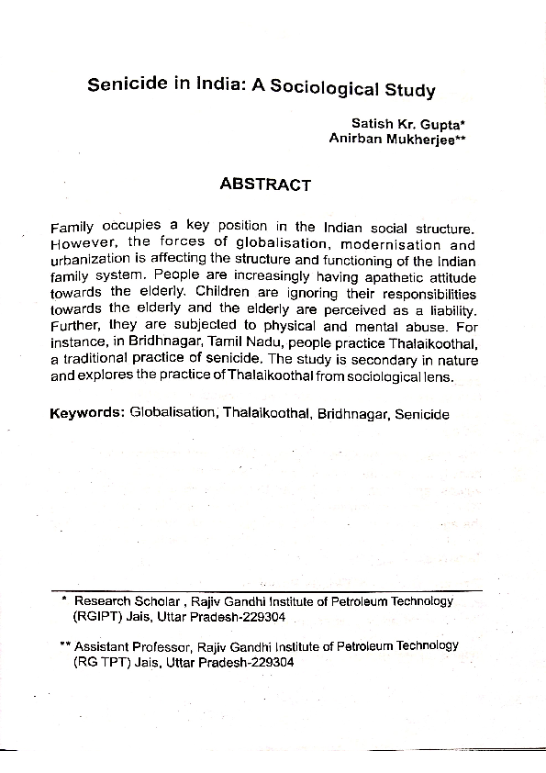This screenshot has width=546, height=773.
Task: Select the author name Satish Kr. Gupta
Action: click(402, 123)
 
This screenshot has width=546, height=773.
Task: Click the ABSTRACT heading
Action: click(265, 185)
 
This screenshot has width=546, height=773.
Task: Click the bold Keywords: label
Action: click(86, 413)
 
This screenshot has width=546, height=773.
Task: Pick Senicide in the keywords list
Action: click(421, 414)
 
